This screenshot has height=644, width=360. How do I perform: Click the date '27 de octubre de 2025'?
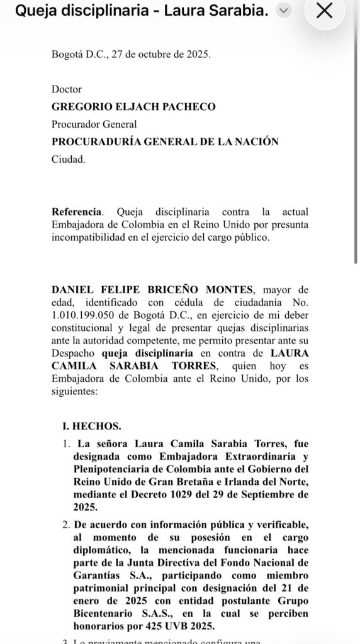pos(161,54)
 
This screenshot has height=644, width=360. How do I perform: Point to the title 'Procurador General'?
pos(94,125)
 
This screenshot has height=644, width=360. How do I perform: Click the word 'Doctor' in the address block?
pos(67,90)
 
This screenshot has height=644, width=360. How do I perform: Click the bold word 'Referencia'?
pos(75,212)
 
